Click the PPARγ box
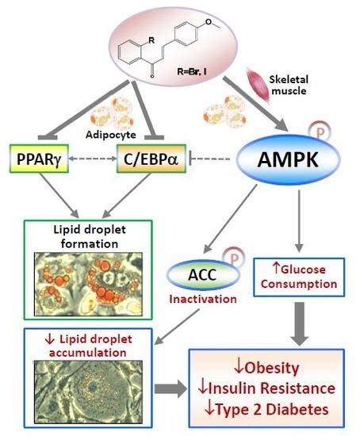tap(39, 159)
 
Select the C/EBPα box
tap(151, 159)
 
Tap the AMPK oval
tap(288, 159)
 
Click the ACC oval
tap(202, 275)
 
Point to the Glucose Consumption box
tap(299, 277)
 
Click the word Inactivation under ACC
tap(203, 299)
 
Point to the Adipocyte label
tap(111, 135)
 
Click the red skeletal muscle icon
tap(259, 86)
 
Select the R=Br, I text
tap(192, 71)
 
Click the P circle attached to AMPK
tap(320, 133)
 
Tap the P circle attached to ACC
tap(234, 258)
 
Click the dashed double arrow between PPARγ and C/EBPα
tap(93, 159)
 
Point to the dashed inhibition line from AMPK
tap(209, 159)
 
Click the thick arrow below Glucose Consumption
tap(300, 324)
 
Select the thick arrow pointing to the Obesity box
tap(170, 388)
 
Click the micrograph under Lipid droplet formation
tap(88, 284)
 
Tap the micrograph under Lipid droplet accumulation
tap(88, 392)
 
